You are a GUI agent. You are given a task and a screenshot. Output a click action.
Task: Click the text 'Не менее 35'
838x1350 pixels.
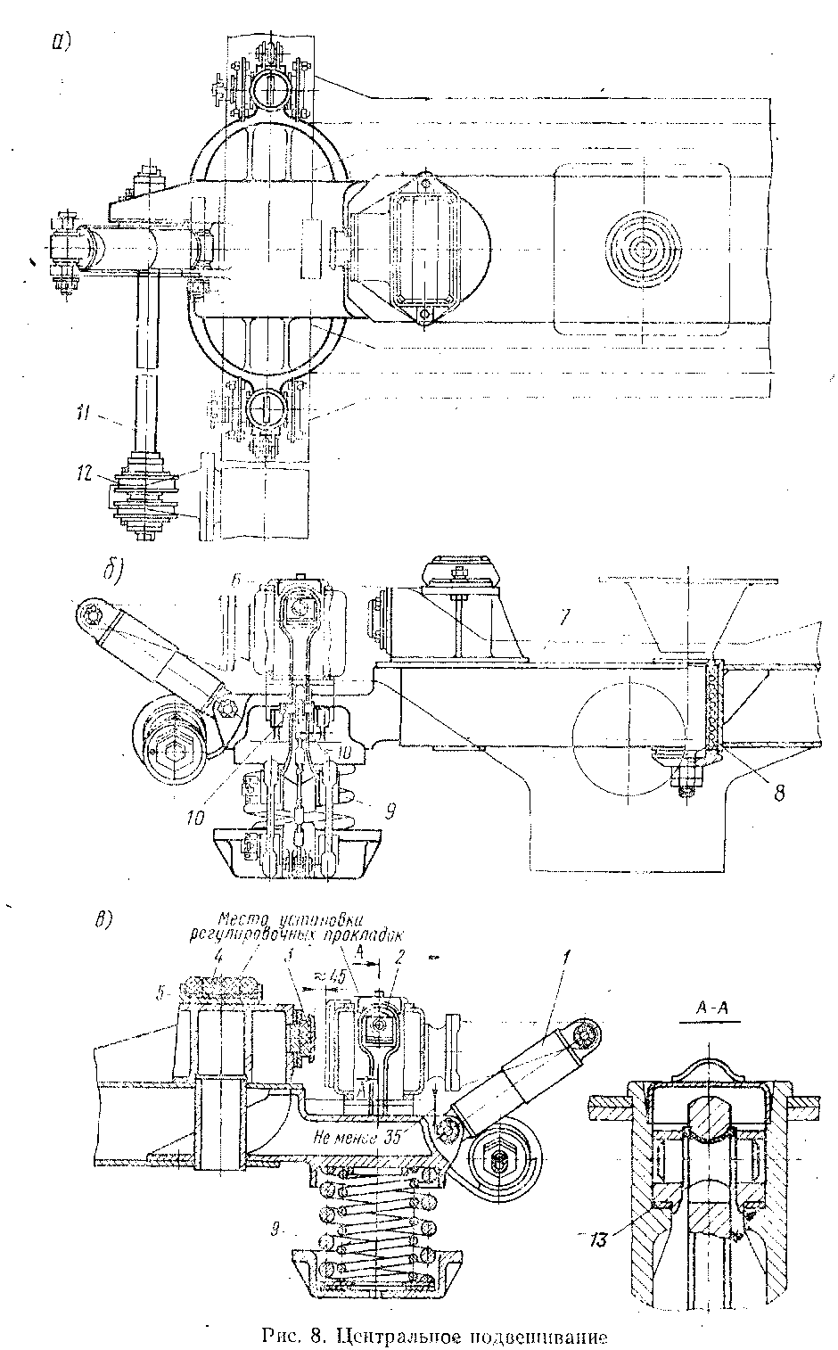point(355,1138)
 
